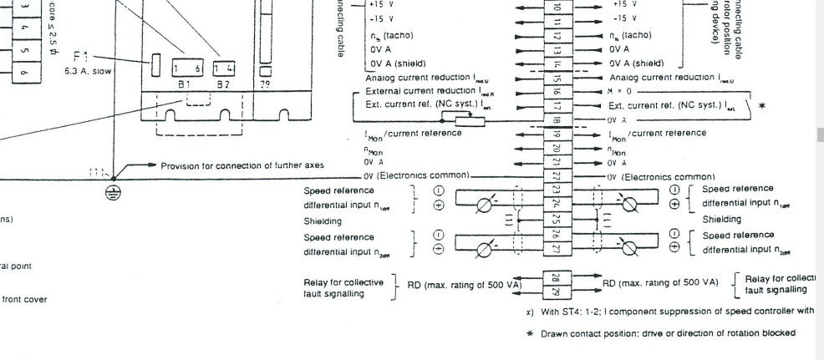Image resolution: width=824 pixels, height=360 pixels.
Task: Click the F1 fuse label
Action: (x=80, y=57)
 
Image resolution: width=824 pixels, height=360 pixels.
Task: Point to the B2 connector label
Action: (x=223, y=84)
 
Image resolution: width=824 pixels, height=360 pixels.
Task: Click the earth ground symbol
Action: (x=115, y=192)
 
